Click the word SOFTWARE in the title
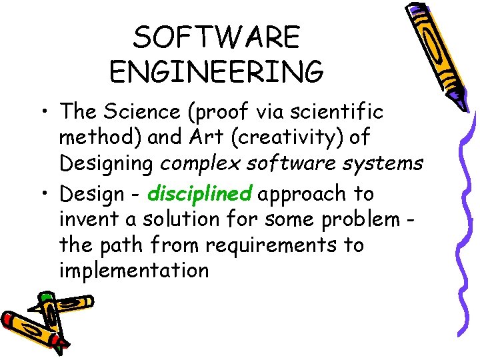[217, 38]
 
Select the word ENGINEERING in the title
[217, 71]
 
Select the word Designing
[109, 162]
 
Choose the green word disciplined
[199, 194]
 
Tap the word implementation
[134, 271]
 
